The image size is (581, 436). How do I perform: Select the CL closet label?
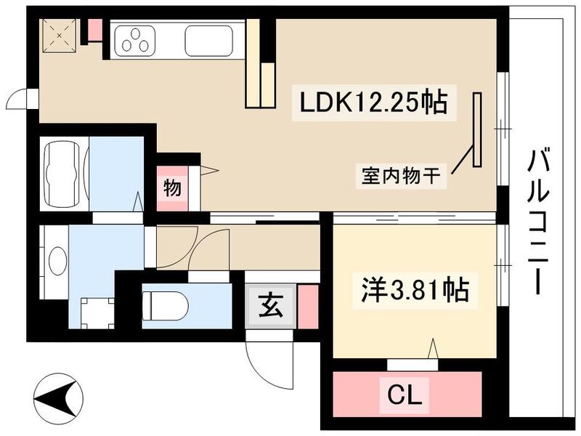[407, 396]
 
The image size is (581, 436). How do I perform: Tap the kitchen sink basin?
[208, 40]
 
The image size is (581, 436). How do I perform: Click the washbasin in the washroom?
[57, 262]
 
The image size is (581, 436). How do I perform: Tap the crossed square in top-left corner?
[56, 32]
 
